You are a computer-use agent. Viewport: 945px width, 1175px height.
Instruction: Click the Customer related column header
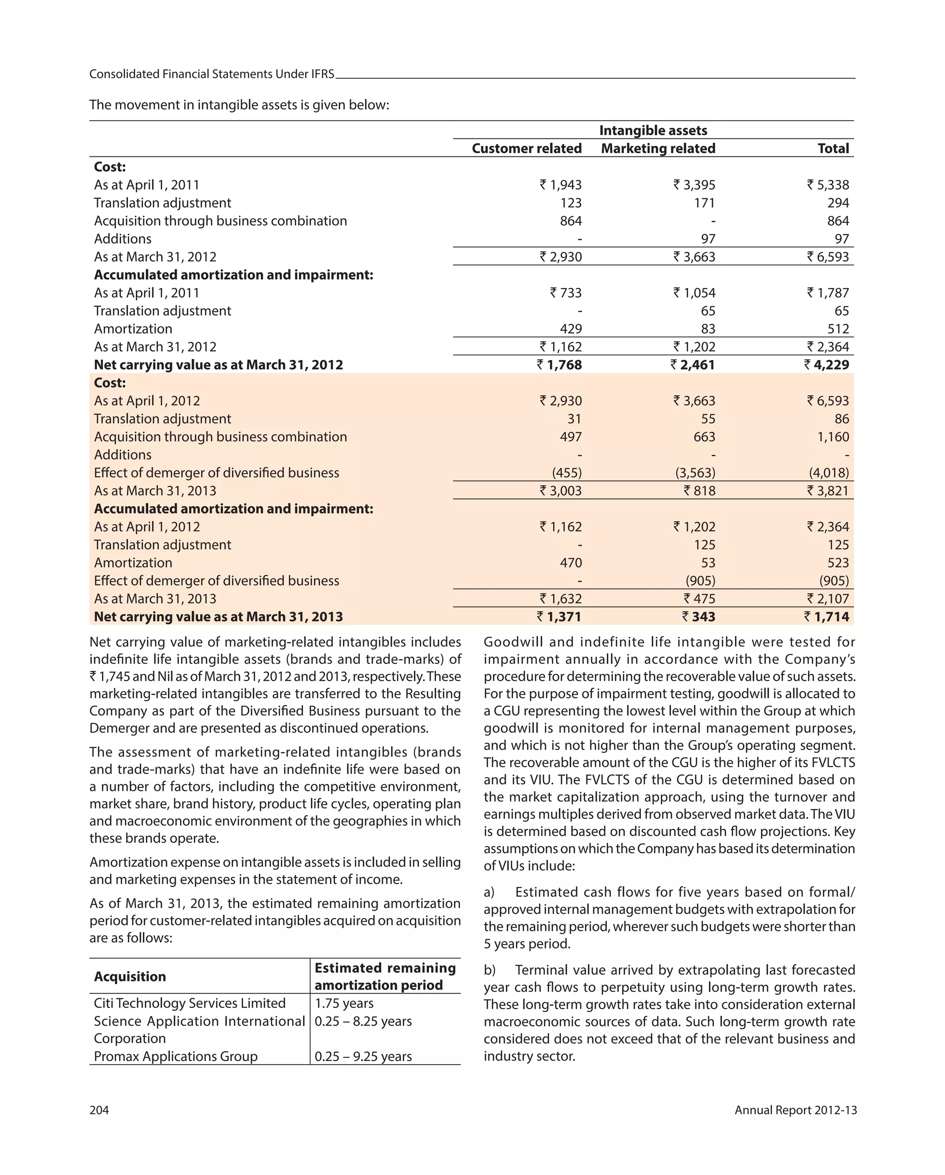526,148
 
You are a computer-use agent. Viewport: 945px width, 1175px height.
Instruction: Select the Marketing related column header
658,148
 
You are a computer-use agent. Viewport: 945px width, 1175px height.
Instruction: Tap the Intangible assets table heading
653,130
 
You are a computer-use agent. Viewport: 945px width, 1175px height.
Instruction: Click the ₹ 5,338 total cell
828,185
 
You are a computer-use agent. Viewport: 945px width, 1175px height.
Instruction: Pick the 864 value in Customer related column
571,221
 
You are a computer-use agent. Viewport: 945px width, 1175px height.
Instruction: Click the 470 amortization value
571,563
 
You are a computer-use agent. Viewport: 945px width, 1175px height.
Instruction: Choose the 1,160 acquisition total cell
833,437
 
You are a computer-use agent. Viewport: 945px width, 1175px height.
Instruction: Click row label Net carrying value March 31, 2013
218,617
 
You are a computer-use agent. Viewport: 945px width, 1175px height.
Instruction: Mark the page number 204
99,1110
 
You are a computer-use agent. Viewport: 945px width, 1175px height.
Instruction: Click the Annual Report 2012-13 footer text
795,1110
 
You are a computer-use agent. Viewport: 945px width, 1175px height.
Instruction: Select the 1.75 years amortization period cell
344,1003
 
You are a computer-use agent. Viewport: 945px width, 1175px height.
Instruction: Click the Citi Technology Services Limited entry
190,1003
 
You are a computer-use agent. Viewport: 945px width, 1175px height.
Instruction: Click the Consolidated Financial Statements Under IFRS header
211,74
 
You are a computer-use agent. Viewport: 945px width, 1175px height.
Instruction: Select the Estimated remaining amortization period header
385,976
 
